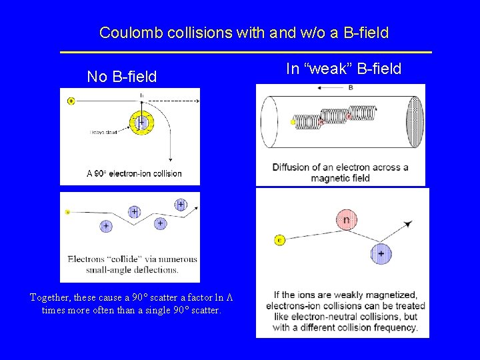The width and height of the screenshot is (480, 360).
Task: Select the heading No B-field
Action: point(122,77)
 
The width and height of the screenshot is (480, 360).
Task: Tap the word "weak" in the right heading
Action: point(331,69)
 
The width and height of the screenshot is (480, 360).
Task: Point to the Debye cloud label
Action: point(103,133)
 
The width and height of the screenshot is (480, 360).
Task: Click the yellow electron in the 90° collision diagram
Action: point(71,101)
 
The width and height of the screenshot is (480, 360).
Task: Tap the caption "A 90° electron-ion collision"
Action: point(134,173)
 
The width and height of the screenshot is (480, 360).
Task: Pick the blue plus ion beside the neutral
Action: point(381,253)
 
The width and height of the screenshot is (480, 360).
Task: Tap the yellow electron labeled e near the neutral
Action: point(280,240)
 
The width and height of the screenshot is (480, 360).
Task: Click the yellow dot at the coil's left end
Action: point(293,123)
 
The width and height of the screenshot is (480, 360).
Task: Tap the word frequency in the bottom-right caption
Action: point(391,327)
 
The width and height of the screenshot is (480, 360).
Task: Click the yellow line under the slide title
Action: point(245,52)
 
